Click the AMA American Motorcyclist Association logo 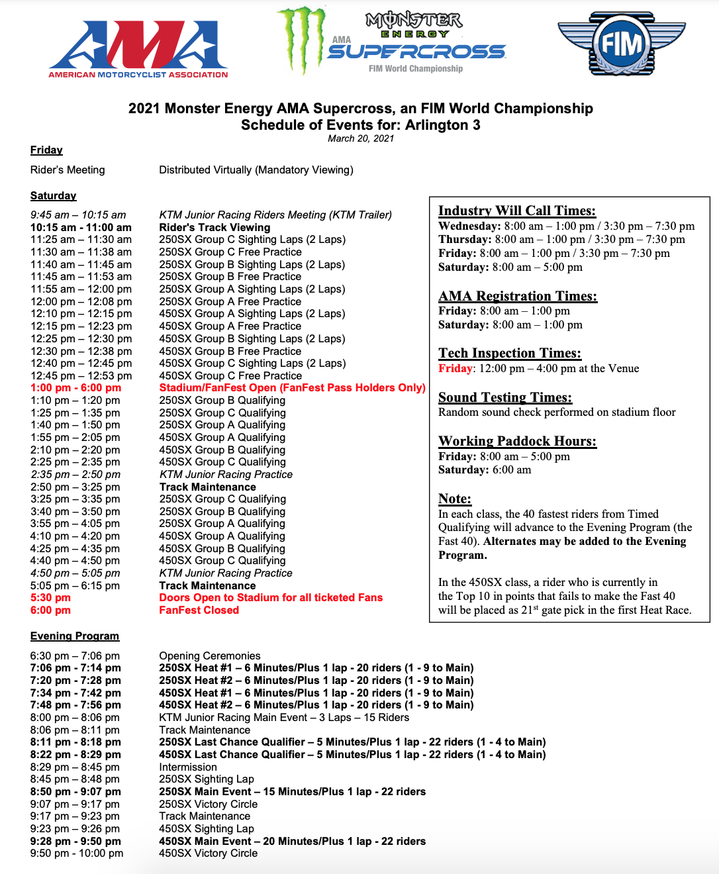tap(138, 50)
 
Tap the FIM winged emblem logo tap(621, 44)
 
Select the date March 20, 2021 tap(361, 138)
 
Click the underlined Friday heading tap(46, 150)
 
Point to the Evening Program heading tap(75, 636)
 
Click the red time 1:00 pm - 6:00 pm tap(75, 387)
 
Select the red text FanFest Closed tap(199, 610)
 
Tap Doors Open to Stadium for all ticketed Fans tap(271, 597)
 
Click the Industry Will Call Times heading tap(517, 211)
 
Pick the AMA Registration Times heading tap(518, 296)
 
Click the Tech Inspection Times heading tap(510, 353)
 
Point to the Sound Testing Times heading tap(505, 397)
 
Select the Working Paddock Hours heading tap(517, 441)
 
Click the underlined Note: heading tap(455, 499)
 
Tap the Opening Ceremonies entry tap(210, 655)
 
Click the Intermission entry tap(188, 767)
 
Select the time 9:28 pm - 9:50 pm tap(75, 841)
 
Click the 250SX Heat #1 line tap(316, 667)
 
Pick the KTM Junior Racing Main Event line tap(284, 717)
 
